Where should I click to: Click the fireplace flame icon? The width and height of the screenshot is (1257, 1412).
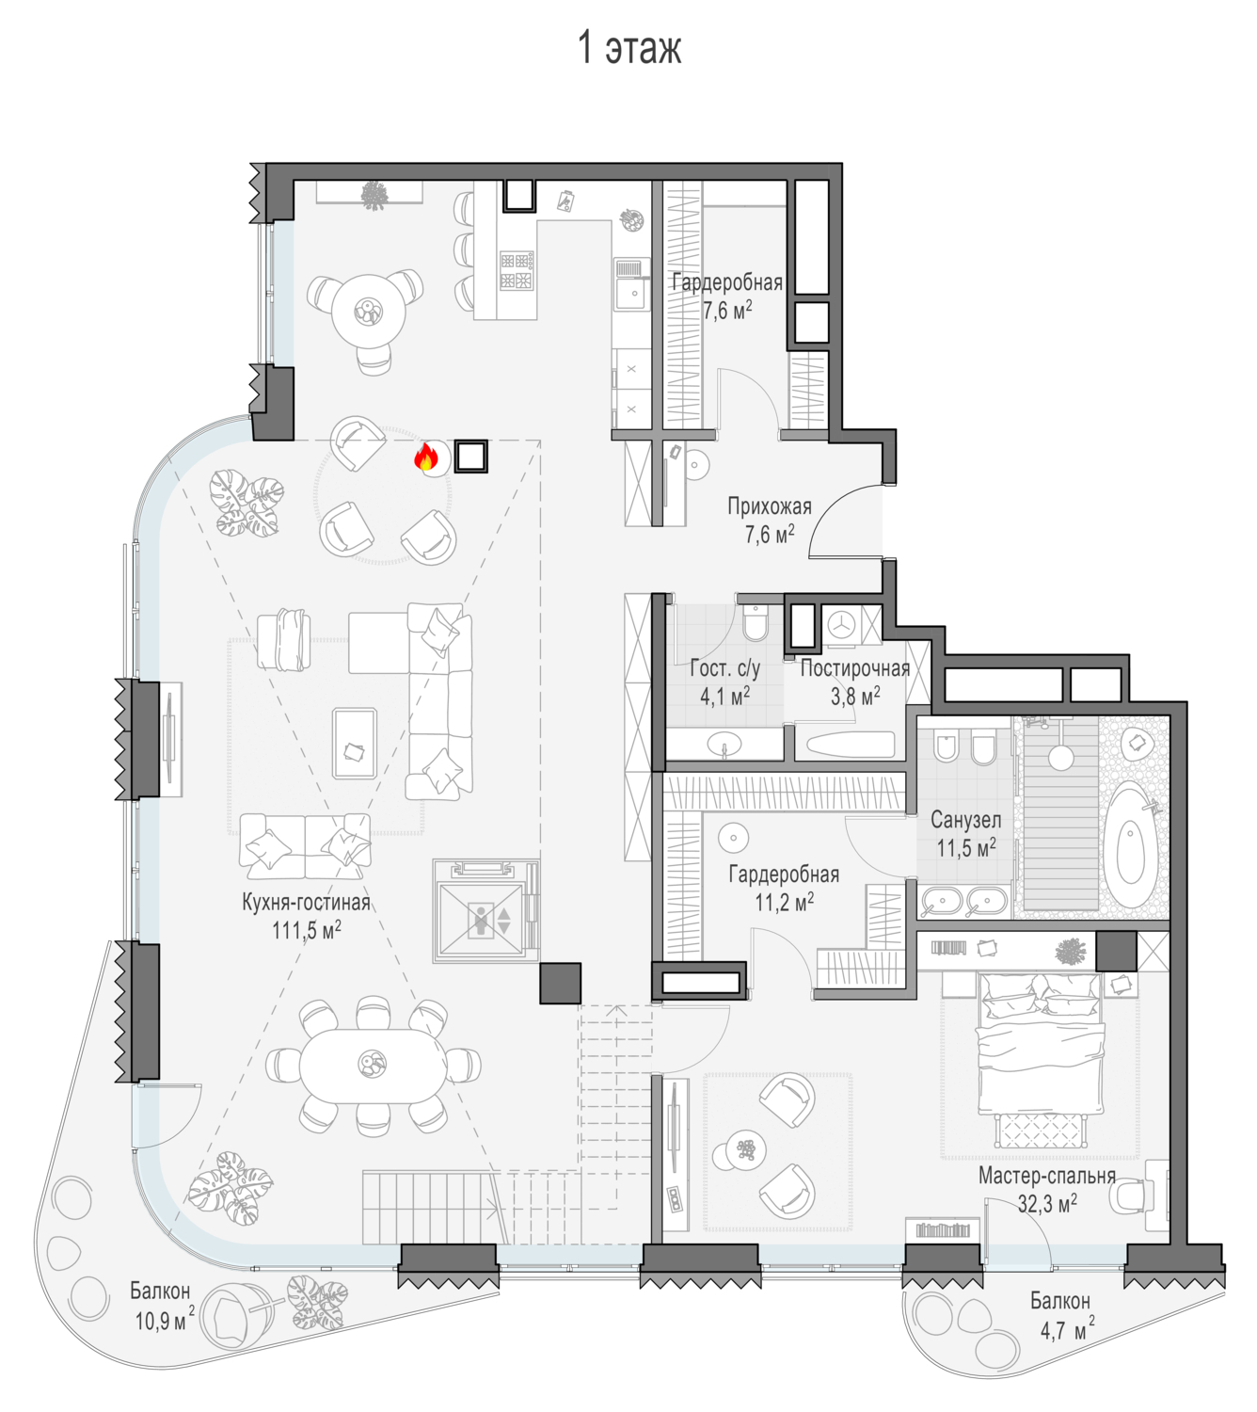425,457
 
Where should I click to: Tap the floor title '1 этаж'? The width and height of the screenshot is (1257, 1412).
629,47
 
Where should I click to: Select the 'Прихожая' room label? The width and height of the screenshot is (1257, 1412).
770,506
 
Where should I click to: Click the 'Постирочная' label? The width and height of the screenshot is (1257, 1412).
855,668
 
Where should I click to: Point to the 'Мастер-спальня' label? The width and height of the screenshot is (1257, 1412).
1046,1176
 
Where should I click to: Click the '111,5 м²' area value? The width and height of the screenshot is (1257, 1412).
307,930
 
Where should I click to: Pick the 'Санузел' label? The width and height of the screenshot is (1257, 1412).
965,820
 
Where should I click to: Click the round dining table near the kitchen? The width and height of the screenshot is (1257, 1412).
368,311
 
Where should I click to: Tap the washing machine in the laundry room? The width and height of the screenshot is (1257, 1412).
842,624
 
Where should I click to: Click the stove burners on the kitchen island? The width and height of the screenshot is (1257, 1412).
517,270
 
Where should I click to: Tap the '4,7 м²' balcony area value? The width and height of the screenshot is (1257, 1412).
1067,1330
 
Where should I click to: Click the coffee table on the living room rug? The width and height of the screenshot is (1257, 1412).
355,743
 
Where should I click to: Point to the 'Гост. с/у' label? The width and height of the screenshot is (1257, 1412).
724,668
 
